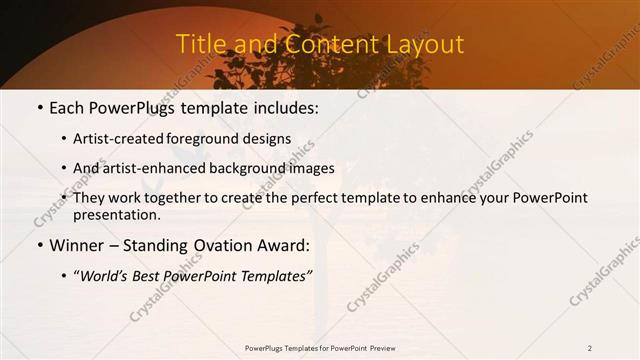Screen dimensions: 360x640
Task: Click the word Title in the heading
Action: (x=199, y=44)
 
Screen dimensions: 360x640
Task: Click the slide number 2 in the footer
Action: (x=590, y=348)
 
